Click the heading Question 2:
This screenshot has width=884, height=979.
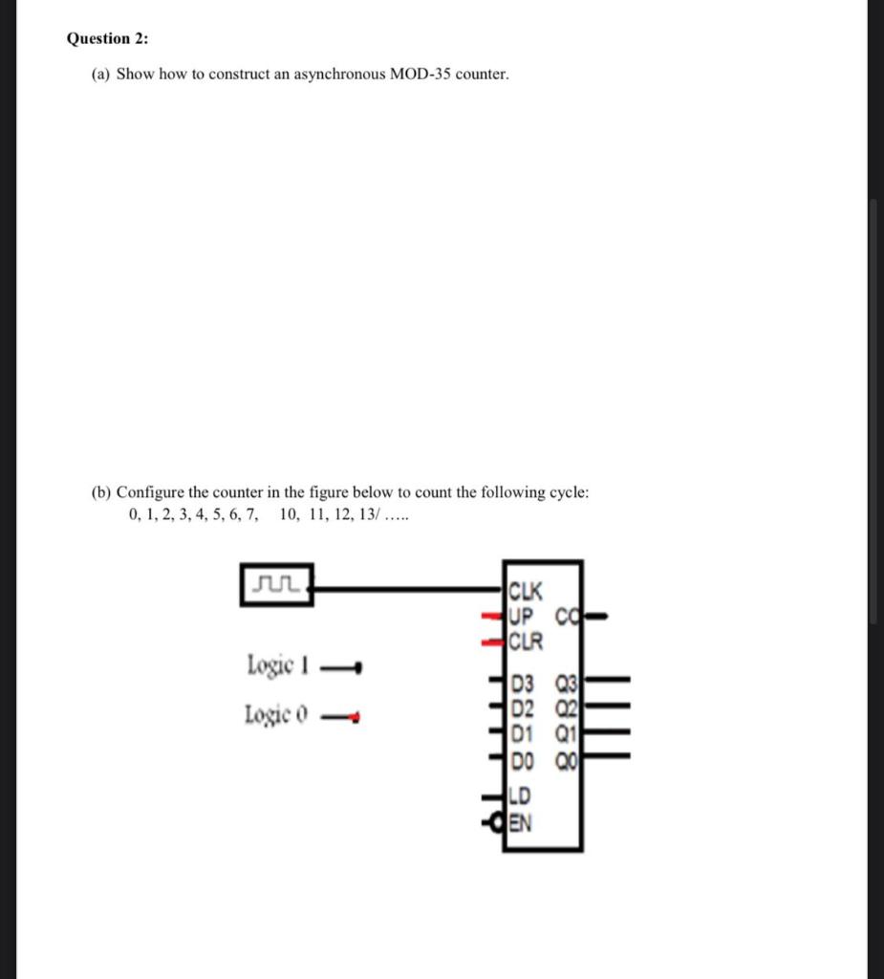(108, 38)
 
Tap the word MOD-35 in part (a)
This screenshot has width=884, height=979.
(420, 74)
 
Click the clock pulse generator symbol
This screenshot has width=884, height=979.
(276, 583)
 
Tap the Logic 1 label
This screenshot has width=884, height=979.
(276, 664)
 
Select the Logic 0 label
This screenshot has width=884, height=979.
(275, 714)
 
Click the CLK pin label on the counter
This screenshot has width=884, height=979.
(527, 589)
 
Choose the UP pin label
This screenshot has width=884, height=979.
(524, 615)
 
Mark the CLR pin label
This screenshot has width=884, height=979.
(527, 640)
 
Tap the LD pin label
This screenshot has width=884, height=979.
(522, 794)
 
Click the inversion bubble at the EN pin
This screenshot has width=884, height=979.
(500, 820)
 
